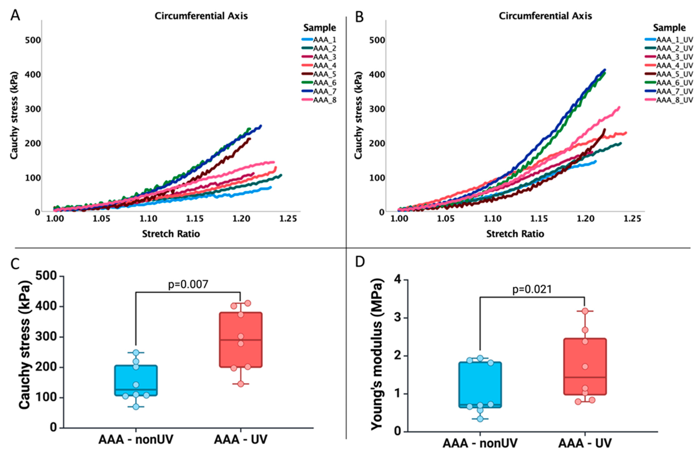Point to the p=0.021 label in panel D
pyautogui.click(x=532, y=289)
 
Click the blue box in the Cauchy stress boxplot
pyautogui.click(x=136, y=380)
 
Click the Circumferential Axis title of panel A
pyautogui.click(x=201, y=16)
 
